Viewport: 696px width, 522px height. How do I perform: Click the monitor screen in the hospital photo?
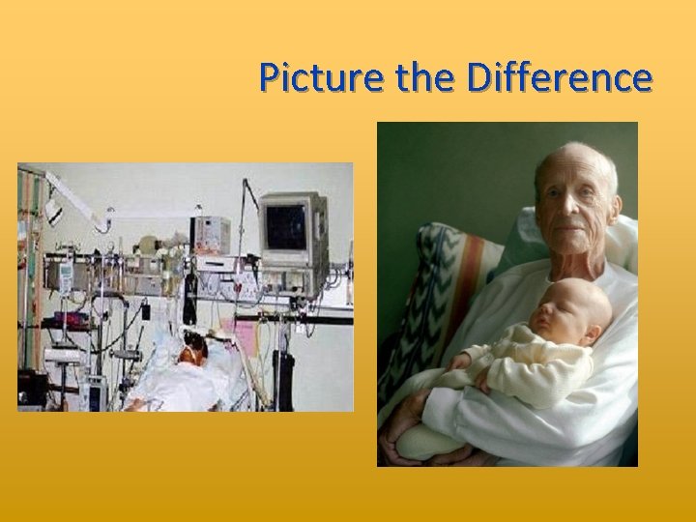[x=287, y=226]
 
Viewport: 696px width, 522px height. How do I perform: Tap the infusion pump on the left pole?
[x=66, y=277]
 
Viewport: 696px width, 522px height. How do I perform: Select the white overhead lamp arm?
[x=77, y=197]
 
